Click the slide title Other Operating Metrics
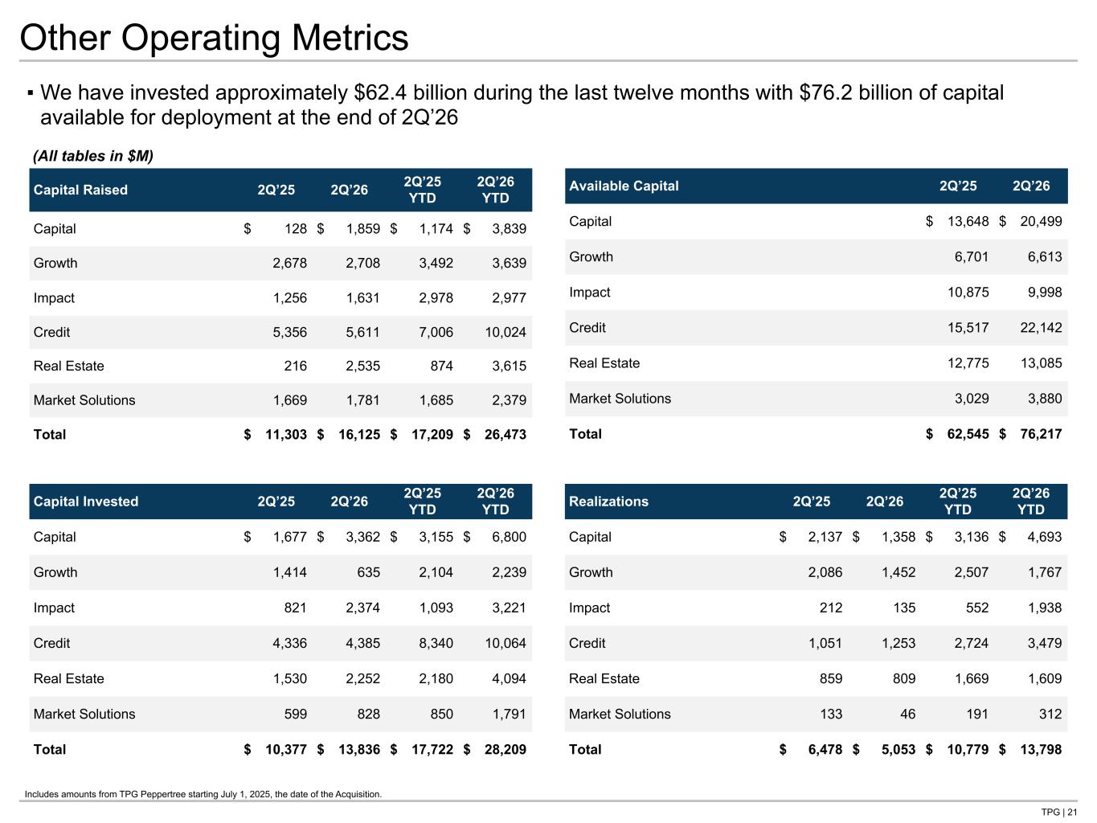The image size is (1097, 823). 214,38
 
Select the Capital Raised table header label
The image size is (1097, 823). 80,190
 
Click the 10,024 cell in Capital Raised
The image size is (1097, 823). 506,332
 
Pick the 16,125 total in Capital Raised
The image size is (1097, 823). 359,435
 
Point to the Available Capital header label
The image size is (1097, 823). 624,186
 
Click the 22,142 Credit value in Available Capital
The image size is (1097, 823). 1041,328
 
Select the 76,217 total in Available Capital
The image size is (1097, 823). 1041,434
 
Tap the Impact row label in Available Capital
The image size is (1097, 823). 590,293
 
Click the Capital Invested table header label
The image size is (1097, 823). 86,502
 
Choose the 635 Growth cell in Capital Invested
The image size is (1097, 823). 368,573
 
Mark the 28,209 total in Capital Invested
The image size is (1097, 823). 506,750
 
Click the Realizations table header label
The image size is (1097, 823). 608,502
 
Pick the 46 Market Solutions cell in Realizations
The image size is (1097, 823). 907,714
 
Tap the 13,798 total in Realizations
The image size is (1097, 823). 1041,750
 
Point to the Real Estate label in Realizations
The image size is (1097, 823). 604,678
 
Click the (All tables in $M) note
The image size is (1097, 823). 93,157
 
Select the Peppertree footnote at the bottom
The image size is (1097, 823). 203,794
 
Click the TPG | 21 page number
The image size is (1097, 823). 1059,812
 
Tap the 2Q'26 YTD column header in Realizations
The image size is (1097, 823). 1030,502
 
